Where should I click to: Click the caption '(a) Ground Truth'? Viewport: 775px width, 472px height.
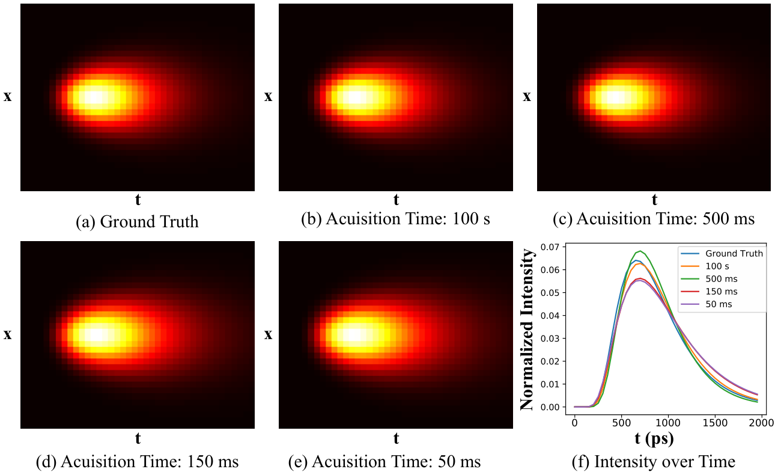coord(138,222)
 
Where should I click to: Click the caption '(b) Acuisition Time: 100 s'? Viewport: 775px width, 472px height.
coord(395,219)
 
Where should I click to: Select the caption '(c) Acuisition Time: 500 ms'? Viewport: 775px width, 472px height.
coord(654,219)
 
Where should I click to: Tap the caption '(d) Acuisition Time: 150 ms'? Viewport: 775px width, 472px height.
coord(138,462)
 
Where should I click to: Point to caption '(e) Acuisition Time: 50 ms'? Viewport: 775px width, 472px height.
coord(384,462)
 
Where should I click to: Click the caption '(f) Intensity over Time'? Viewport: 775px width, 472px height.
coord(654,462)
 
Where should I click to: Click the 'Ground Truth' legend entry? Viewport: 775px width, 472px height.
coord(722,254)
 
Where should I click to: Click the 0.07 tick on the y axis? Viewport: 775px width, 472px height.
coord(550,247)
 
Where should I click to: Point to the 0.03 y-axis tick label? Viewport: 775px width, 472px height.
coord(550,339)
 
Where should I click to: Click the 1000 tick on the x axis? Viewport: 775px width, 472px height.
coord(668,423)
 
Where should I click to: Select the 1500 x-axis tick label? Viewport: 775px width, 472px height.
coord(715,423)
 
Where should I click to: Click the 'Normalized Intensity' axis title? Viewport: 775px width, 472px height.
coord(527,329)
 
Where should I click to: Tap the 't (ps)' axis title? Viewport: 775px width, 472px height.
coord(654,439)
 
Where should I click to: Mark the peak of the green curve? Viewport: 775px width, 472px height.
coord(640,251)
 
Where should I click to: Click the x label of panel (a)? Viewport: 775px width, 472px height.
coord(8,97)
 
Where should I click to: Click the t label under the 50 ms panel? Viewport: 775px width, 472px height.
coord(396,439)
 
